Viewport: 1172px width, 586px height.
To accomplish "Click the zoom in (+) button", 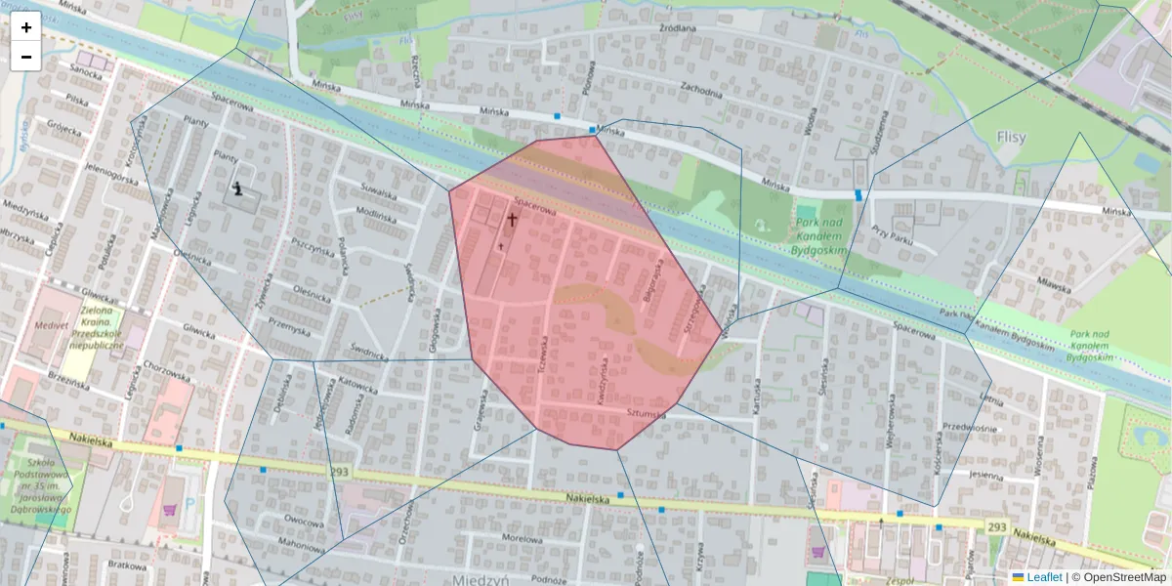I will click(26, 26).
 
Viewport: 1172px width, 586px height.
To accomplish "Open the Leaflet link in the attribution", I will click(1043, 577).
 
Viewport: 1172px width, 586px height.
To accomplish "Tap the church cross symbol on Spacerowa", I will click(511, 220).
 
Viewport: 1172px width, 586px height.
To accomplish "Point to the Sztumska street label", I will click(647, 415).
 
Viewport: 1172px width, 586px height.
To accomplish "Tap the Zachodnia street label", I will click(701, 93).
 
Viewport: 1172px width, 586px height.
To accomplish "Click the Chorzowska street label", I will click(167, 372).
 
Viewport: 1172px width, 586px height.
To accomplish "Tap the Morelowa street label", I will click(521, 538).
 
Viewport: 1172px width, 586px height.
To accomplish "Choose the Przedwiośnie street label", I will click(970, 427).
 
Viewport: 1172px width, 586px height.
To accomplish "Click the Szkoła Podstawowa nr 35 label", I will click(41, 486).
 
